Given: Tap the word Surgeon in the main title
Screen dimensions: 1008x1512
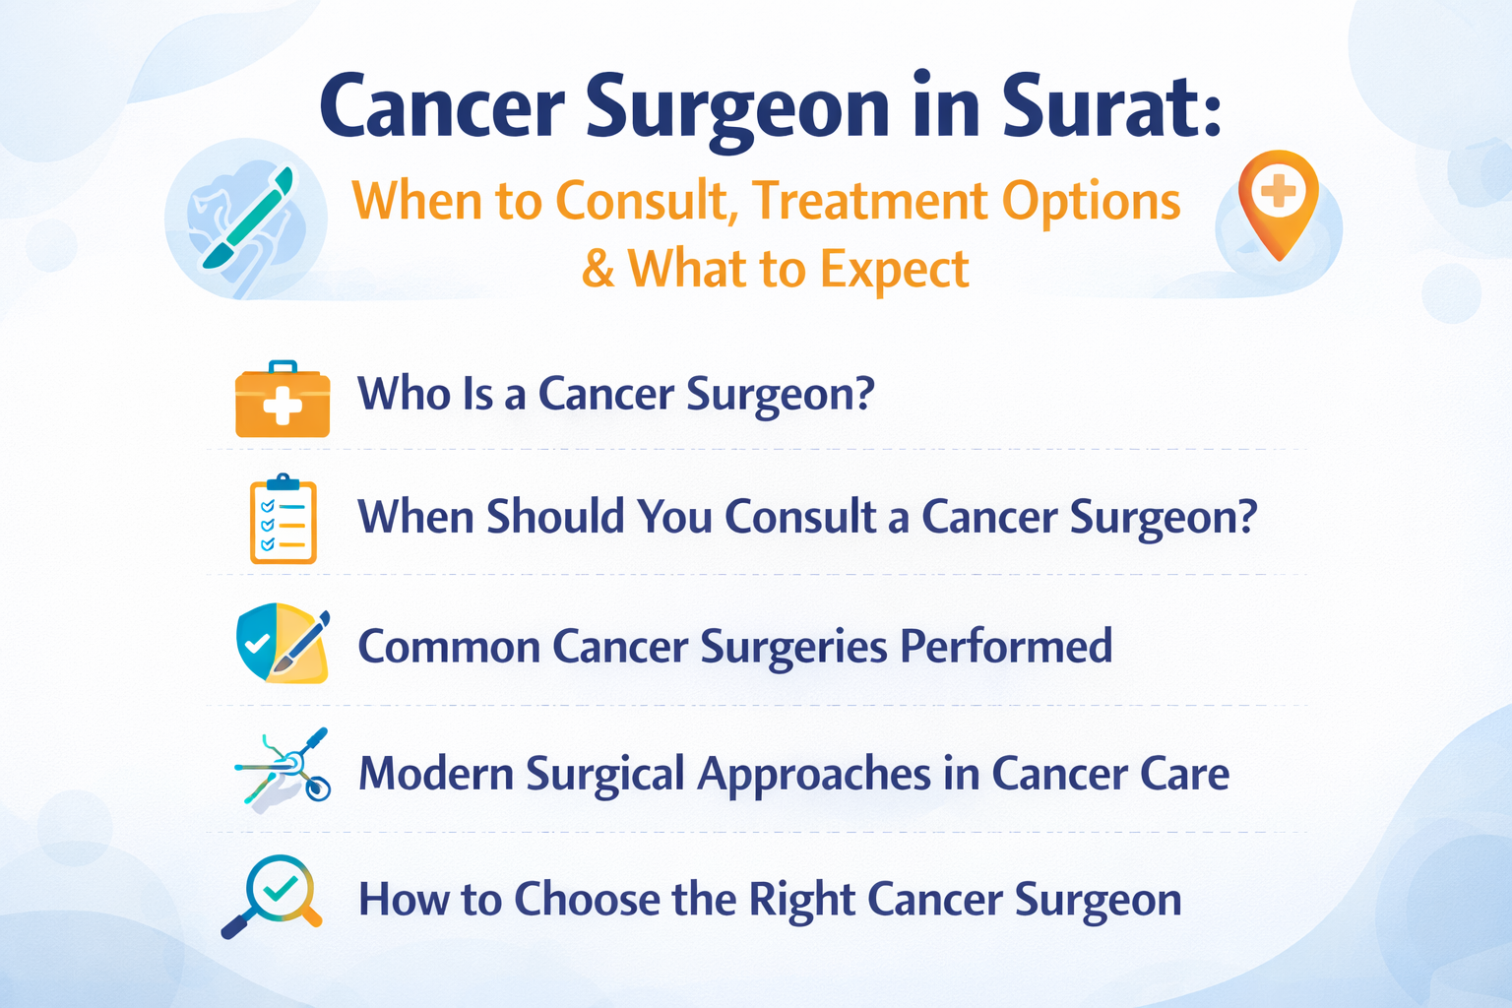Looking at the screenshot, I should (738, 108).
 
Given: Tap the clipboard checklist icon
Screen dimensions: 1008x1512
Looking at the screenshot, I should (283, 519).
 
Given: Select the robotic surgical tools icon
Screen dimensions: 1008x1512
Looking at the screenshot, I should (283, 770).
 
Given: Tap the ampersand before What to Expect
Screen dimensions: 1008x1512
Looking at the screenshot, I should (598, 269).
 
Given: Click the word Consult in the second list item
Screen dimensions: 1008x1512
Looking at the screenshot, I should (800, 517).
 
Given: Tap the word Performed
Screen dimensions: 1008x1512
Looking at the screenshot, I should (1006, 647).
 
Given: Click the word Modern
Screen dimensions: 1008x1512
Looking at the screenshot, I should (435, 774).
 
